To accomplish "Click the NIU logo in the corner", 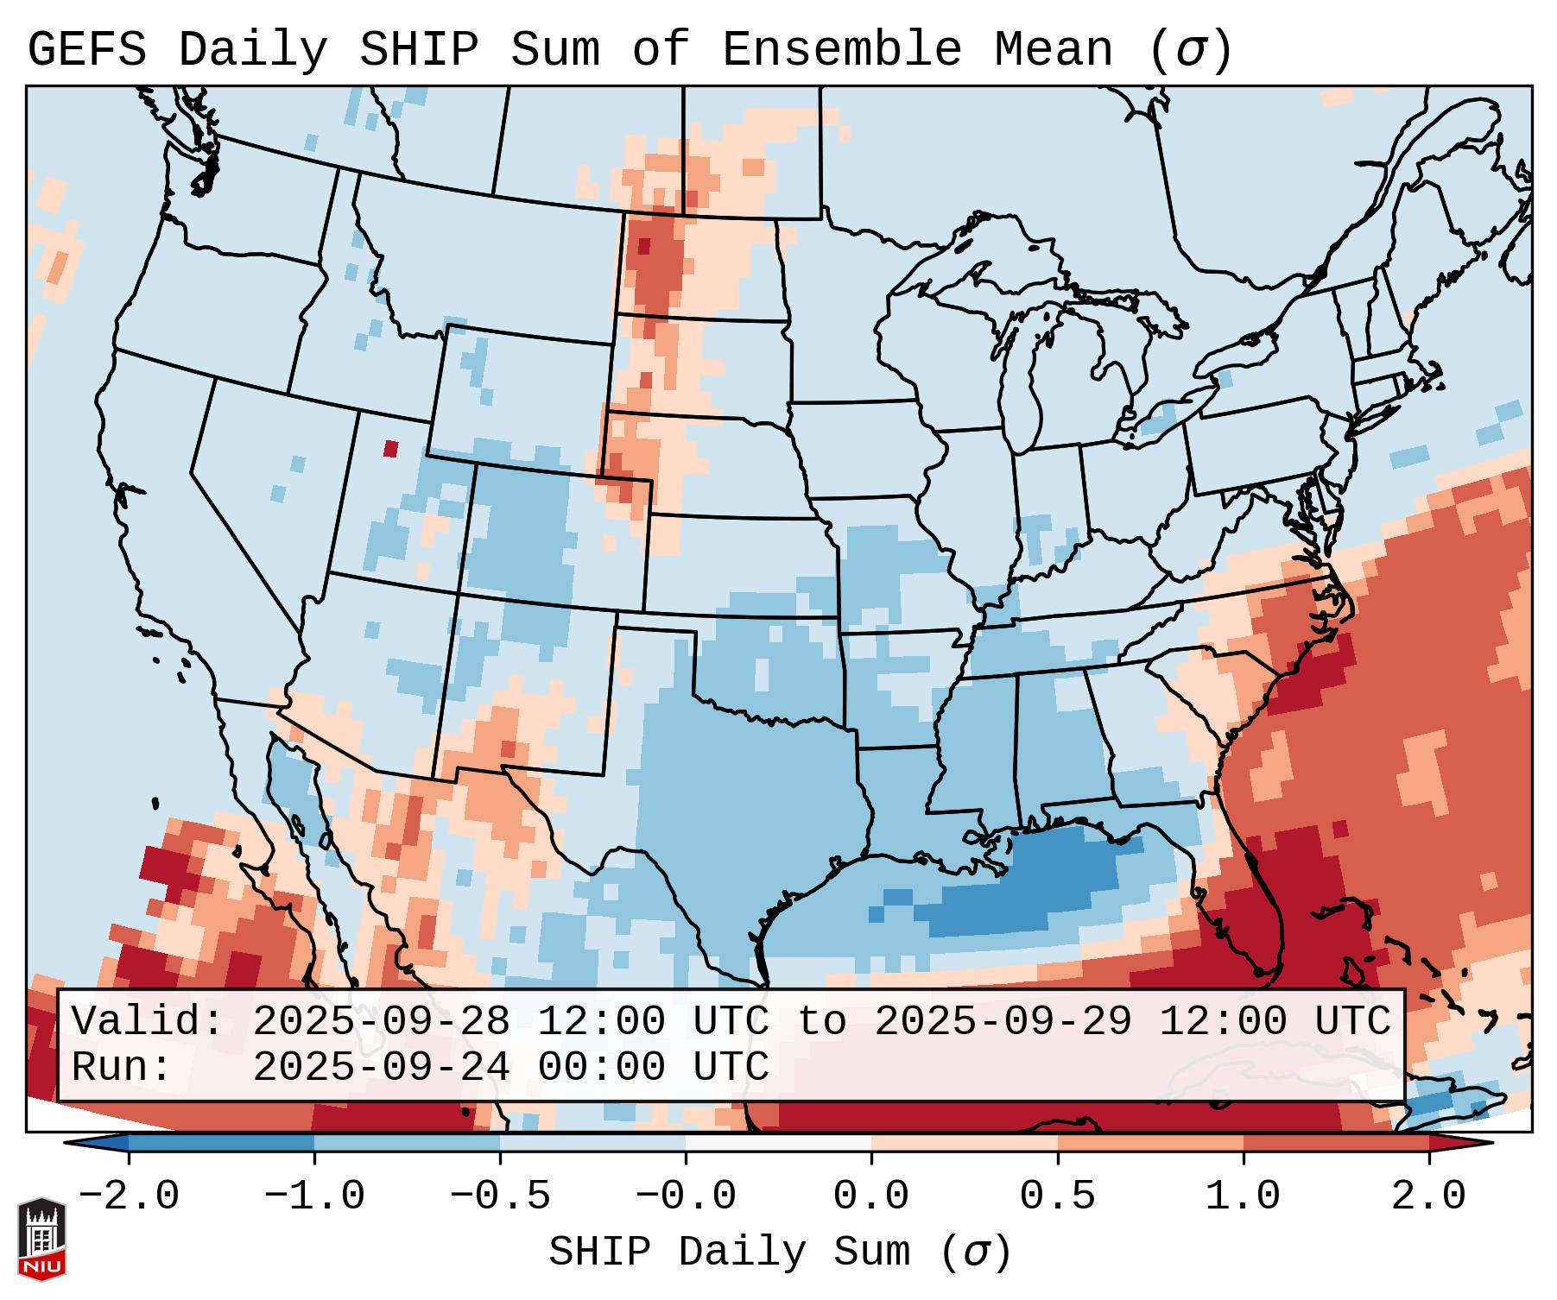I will tap(41, 1238).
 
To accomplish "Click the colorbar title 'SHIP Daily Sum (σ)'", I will tap(779, 1252).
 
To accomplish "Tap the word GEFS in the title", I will tap(86, 50).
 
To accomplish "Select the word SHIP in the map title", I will tap(418, 50).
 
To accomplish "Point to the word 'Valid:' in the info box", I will tap(147, 1021).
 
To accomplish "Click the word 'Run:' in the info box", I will tap(121, 1067).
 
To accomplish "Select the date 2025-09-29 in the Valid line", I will tap(1003, 1021).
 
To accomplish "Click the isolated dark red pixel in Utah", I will tap(390, 448).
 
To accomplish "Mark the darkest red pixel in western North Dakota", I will tap(643, 246).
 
